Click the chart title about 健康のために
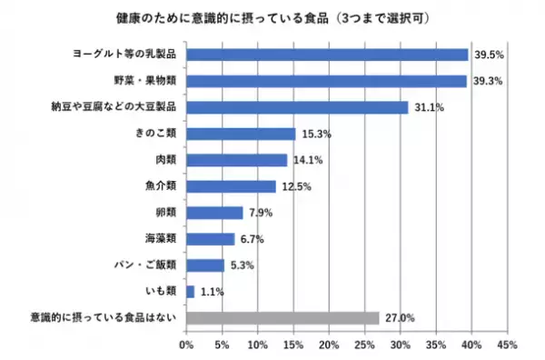point(272,18)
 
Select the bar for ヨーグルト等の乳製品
point(327,55)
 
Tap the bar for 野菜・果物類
point(326,81)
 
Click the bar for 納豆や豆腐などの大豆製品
point(297,107)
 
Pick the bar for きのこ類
point(241,134)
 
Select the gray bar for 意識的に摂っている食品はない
point(282,318)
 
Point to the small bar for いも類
point(190,292)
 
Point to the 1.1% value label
point(211,292)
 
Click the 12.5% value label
point(293,186)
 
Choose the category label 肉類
point(165,160)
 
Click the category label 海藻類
point(160,239)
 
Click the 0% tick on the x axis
point(186,345)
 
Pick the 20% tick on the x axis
point(328,345)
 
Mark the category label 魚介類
point(160,186)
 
